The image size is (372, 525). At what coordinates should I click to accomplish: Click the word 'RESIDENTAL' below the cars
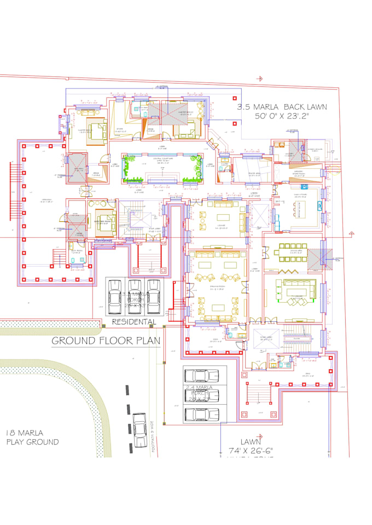133,322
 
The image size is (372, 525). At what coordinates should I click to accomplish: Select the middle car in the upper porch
134,295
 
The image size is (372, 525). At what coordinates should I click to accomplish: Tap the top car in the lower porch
201,376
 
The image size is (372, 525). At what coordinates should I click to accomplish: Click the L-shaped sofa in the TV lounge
295,290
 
